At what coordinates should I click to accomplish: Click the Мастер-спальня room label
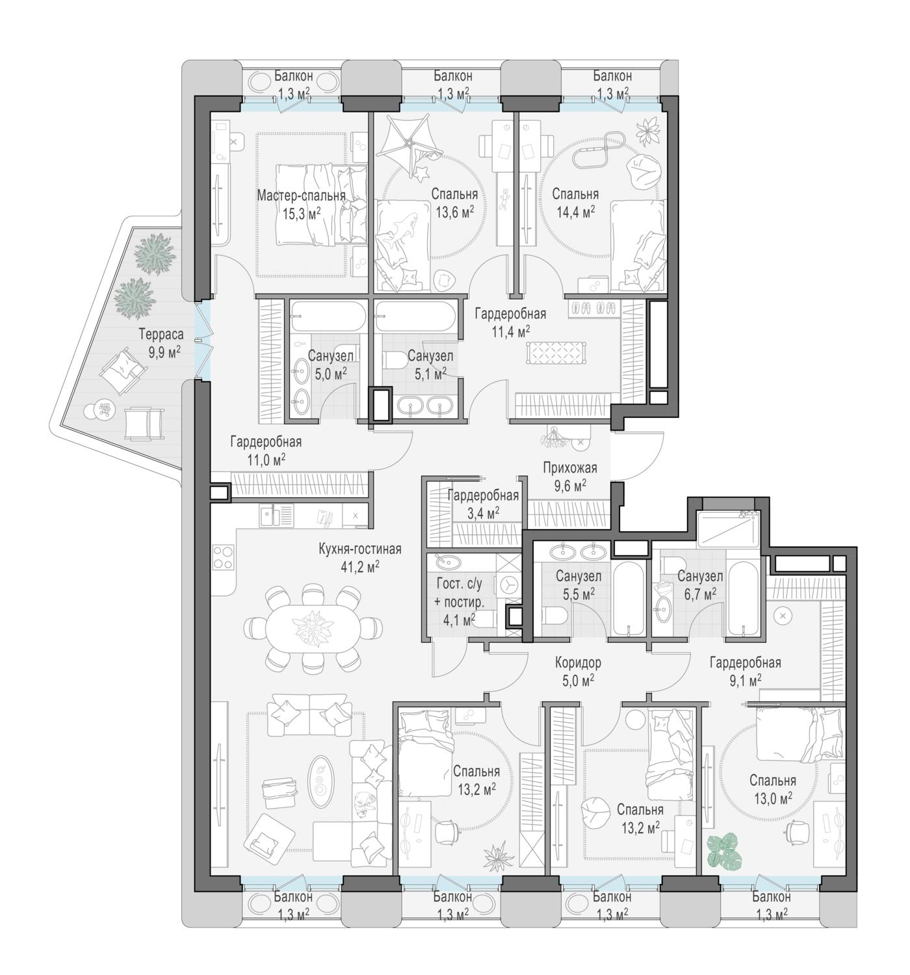tap(301, 196)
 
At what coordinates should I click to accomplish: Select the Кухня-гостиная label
tap(359, 549)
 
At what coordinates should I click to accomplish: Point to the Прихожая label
tap(569, 467)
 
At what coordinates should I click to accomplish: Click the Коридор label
tap(578, 662)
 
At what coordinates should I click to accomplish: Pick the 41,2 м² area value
tap(359, 567)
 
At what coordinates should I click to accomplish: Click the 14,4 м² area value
tap(575, 212)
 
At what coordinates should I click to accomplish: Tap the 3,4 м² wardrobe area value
tap(483, 513)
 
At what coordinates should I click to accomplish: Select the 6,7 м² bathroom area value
tap(699, 595)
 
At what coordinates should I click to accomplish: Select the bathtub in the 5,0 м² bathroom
tap(328, 316)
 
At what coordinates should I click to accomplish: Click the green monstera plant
tap(723, 851)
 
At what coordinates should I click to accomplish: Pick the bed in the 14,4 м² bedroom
tap(638, 246)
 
